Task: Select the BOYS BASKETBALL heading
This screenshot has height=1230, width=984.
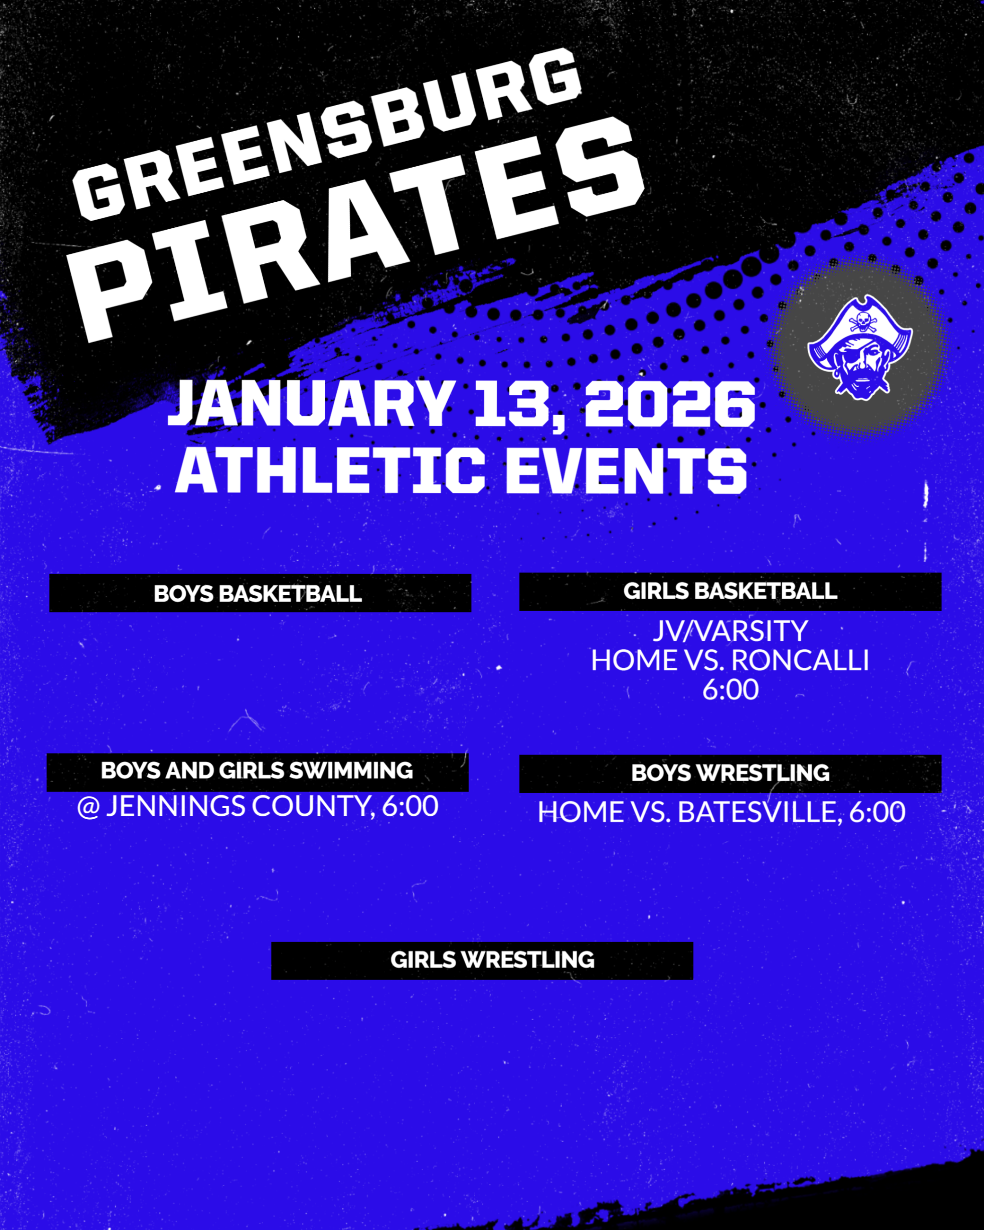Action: pyautogui.click(x=258, y=594)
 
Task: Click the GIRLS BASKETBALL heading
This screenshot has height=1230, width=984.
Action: pyautogui.click(x=730, y=591)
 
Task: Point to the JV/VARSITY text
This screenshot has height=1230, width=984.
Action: pyautogui.click(x=730, y=631)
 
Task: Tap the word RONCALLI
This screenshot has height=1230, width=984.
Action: pyautogui.click(x=800, y=661)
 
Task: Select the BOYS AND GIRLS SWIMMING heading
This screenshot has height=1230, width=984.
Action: pyautogui.click(x=257, y=771)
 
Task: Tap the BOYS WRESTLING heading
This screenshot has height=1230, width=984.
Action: pyautogui.click(x=730, y=773)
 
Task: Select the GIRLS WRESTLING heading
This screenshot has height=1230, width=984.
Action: pyautogui.click(x=492, y=960)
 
